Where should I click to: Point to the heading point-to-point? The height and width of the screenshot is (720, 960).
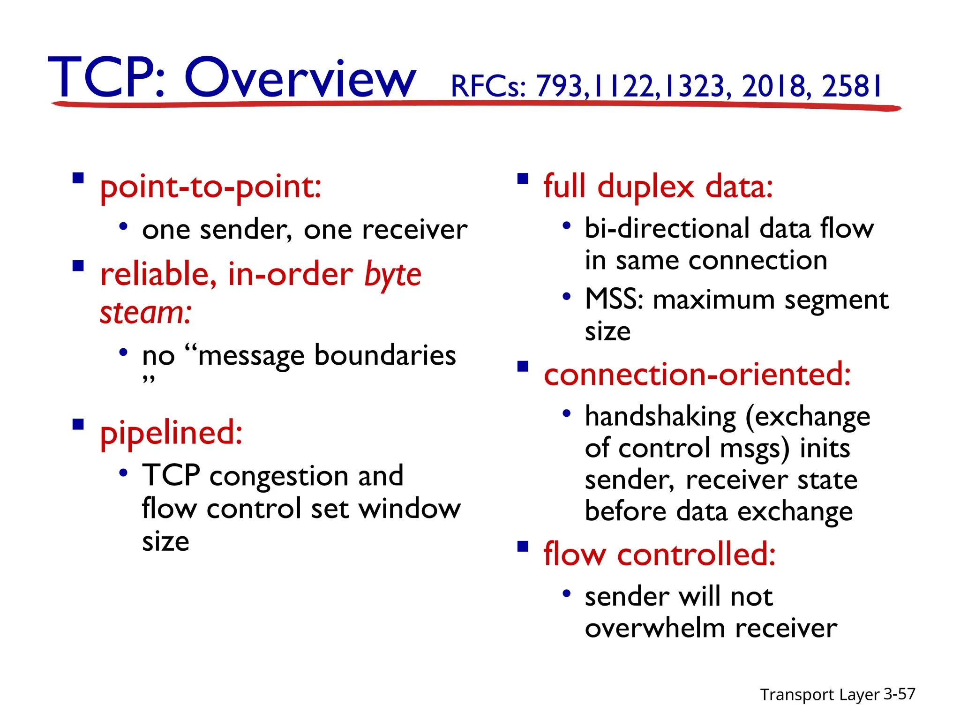click(210, 187)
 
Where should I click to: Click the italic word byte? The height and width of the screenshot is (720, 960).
click(393, 275)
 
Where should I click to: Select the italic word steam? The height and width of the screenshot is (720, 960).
click(146, 313)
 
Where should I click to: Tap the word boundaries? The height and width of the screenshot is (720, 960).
click(384, 355)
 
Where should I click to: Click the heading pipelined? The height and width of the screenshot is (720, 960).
click(171, 433)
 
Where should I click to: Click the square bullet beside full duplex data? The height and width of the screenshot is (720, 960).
click(523, 179)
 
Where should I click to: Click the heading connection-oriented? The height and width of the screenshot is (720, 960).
click(697, 375)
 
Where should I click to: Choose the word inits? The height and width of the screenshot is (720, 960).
click(825, 449)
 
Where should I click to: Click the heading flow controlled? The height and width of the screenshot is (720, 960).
click(659, 555)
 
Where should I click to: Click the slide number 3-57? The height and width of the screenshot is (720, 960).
click(899, 694)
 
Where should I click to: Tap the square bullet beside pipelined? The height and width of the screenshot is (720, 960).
click(78, 424)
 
